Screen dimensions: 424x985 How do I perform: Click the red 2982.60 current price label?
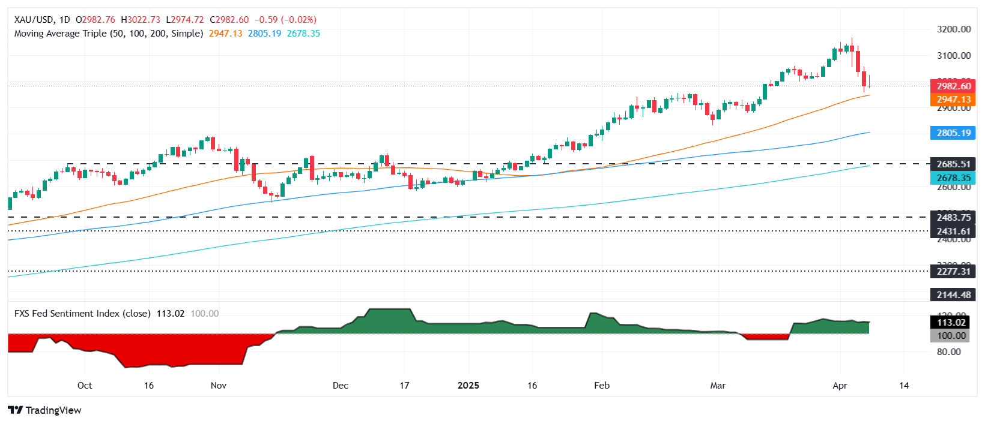[953, 86]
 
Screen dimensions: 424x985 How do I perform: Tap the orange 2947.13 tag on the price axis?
[953, 100]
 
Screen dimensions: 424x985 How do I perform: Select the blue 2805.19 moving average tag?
[953, 133]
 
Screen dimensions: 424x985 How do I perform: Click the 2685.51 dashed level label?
[953, 164]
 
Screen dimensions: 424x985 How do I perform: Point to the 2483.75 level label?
[953, 218]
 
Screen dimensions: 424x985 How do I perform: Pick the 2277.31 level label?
[953, 272]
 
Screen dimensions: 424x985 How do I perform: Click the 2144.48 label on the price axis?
[953, 295]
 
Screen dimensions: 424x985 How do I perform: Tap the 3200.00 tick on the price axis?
[954, 29]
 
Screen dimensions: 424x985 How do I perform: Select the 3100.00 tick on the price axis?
[954, 56]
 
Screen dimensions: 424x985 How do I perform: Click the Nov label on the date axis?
[219, 386]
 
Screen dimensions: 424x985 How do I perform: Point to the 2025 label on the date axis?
[468, 386]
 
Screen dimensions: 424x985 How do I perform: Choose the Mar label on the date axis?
[718, 386]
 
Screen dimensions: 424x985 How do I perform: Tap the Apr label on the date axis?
[840, 386]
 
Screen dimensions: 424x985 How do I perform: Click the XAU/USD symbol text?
[34, 20]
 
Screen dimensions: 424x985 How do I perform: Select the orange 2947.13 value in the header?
[225, 34]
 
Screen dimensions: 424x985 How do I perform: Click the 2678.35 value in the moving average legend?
[303, 34]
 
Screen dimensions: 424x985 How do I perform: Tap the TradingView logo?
[45, 410]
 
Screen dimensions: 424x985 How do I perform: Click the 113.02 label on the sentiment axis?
[953, 323]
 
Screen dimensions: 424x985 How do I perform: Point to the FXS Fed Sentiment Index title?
[82, 314]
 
